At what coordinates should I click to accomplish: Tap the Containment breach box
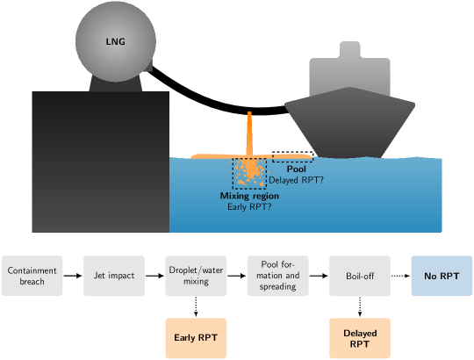[32, 276]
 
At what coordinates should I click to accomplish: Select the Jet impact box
[114, 276]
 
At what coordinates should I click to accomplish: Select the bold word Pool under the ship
[296, 169]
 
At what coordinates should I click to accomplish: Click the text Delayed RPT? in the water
[296, 180]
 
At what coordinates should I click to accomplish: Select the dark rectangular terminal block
[100, 162]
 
